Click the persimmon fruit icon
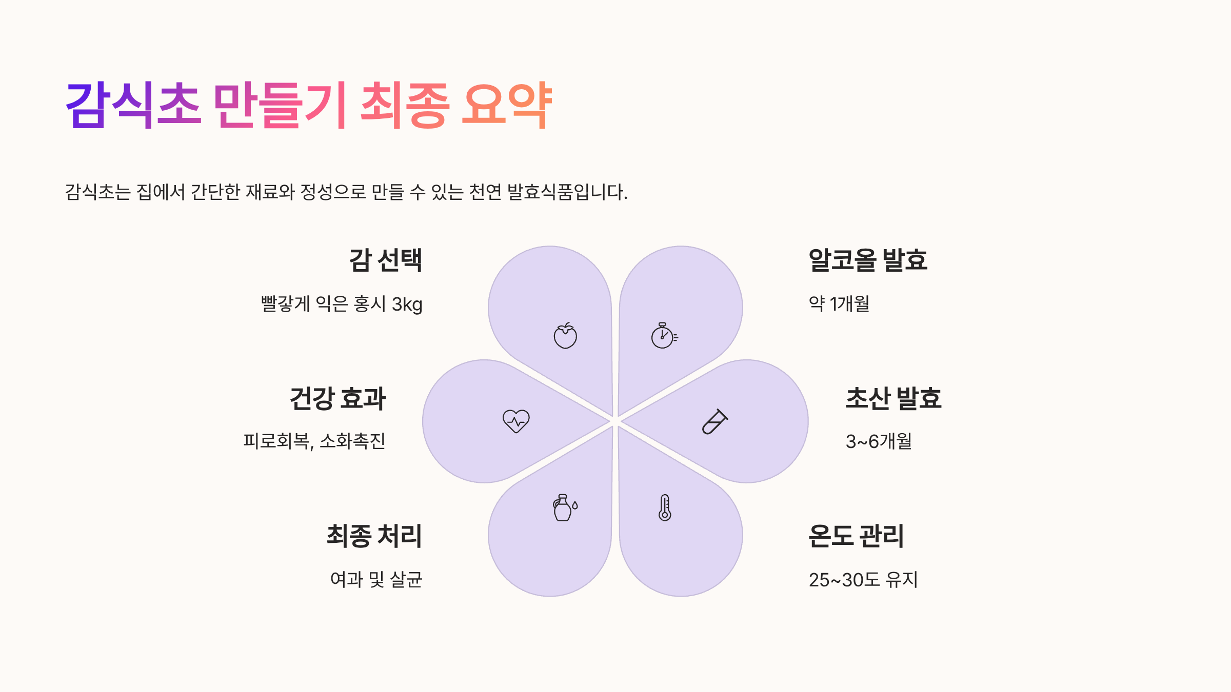tap(565, 336)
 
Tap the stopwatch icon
tap(664, 336)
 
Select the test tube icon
tap(714, 421)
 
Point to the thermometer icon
tap(665, 507)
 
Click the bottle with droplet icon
tap(565, 507)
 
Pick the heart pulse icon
tap(516, 421)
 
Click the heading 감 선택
tap(386, 260)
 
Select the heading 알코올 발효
tap(868, 260)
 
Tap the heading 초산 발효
tap(894, 399)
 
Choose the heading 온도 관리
tap(856, 536)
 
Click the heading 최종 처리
tap(374, 536)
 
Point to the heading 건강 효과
tap(337, 399)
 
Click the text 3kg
tap(407, 304)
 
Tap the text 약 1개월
tap(839, 304)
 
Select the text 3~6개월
tap(879, 441)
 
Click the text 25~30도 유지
tap(863, 580)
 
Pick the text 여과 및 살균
tap(376, 580)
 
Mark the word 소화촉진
tap(352, 441)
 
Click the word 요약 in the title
tap(506, 105)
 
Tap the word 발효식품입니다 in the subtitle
tap(567, 192)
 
